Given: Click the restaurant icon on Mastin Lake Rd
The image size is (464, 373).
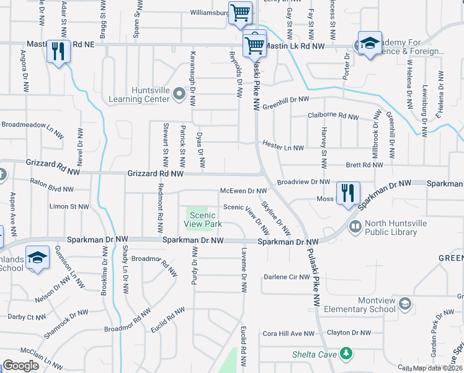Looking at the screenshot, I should point(58,51).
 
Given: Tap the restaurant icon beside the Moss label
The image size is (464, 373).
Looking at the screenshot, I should point(348,192).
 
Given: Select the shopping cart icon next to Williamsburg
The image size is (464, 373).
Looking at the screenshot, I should point(239,12).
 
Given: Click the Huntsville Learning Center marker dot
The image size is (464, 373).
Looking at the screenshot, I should point(179,94).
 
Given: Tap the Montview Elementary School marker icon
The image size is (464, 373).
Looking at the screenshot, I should point(404,304).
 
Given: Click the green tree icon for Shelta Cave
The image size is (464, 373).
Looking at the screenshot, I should point(346,354).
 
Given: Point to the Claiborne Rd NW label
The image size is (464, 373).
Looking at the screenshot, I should point(333,116).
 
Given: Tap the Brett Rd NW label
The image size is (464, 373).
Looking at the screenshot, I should point(364,165).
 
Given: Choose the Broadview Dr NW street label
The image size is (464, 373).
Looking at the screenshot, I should point(303,182).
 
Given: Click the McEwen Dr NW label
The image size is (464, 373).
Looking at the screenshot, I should point(244,191).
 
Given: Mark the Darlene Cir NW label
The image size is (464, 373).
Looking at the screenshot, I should point(287,277).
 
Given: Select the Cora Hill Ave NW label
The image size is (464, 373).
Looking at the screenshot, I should point(288,334).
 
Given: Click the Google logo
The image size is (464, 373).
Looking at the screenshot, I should point(21,366).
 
